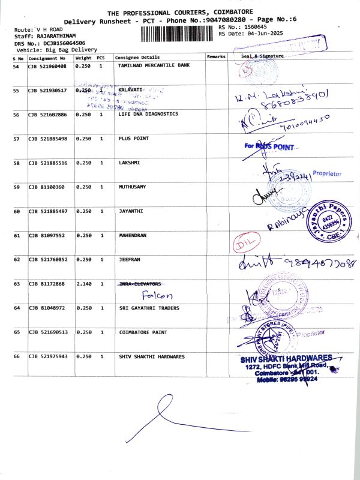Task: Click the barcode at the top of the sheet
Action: click(178, 34)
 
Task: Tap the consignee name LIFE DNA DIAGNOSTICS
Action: click(148, 114)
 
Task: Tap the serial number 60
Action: click(17, 212)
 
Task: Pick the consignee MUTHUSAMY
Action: click(133, 187)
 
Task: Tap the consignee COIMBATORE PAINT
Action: click(143, 332)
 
